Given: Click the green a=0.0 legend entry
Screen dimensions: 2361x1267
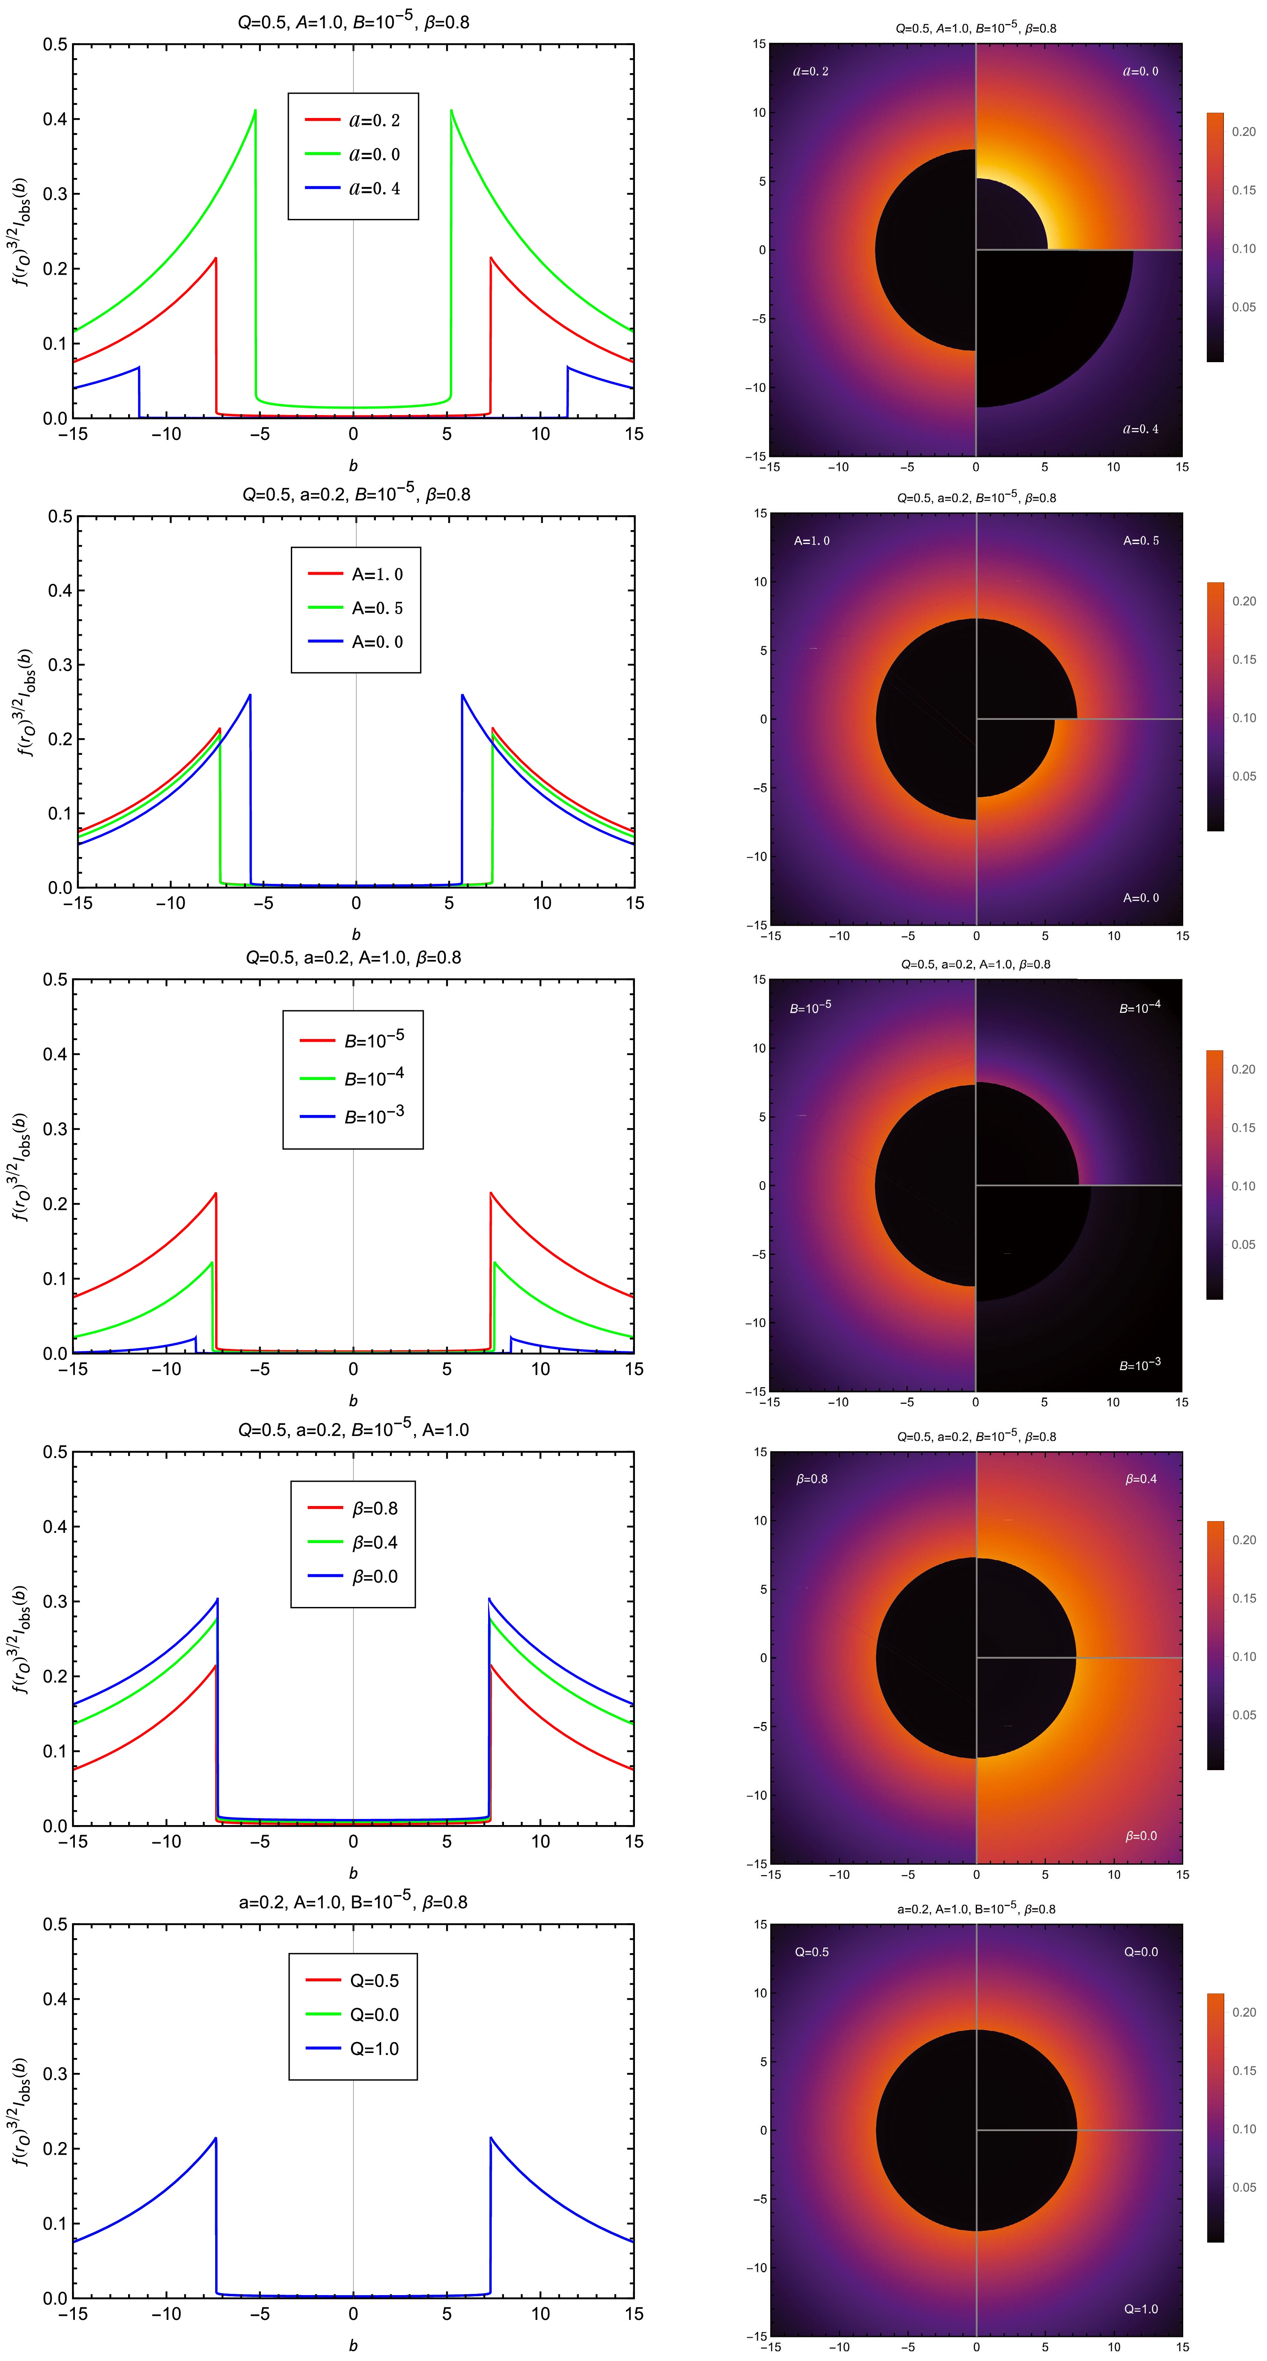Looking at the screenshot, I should (353, 154).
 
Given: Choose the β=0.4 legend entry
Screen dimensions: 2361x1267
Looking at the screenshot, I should (353, 1543).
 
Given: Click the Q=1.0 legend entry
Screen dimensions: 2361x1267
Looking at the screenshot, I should (353, 2048).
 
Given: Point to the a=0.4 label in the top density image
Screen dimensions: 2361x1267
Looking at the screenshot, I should (1141, 429).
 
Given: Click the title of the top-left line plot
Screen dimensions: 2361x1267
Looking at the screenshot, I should (353, 21).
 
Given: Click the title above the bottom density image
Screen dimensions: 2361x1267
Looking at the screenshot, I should (976, 1909).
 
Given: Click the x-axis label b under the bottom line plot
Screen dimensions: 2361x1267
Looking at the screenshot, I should (353, 2346).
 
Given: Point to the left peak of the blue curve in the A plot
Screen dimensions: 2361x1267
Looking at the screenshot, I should (249, 696).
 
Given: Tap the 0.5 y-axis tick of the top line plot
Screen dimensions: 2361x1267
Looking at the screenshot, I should (55, 44).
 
